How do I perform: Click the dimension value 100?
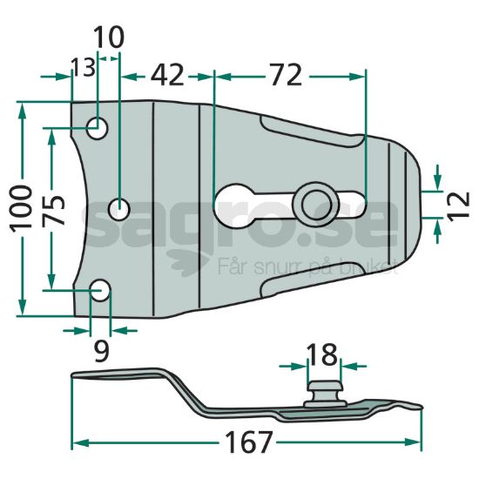coord(22,207)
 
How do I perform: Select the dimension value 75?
coord(53,210)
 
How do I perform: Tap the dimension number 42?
coord(167,75)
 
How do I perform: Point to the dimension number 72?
coord(287,75)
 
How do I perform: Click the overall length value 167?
coord(247,442)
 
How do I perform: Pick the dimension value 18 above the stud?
coord(322,354)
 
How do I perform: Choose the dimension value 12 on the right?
coord(458,205)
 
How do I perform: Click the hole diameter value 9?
coord(100,351)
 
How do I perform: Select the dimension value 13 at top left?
coord(83,68)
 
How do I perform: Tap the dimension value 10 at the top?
coord(109,37)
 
